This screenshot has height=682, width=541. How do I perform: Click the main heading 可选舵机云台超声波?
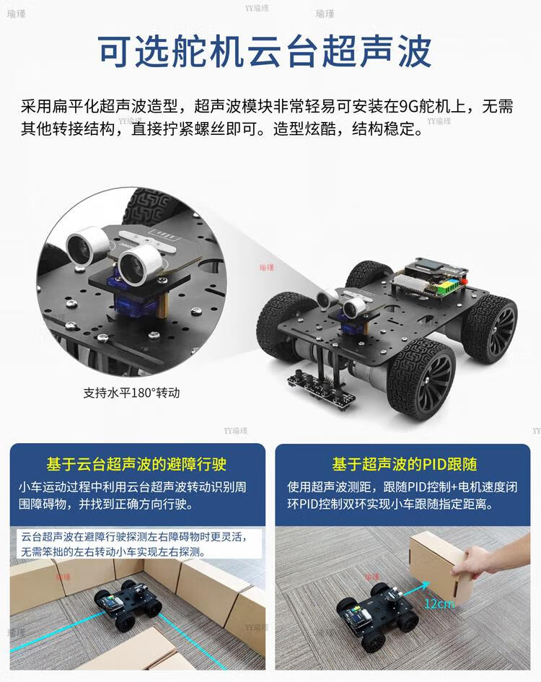pyautogui.click(x=265, y=51)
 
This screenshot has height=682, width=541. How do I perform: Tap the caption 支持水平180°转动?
pyautogui.click(x=131, y=393)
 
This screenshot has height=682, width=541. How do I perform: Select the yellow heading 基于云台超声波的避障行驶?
pyautogui.click(x=136, y=464)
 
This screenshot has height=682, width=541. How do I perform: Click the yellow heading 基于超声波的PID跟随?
pyautogui.click(x=405, y=464)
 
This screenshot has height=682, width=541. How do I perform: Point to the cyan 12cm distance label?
pyautogui.click(x=439, y=603)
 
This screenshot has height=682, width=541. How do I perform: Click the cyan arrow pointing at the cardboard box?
pyautogui.click(x=415, y=590)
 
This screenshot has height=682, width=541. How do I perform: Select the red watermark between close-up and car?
pyautogui.click(x=267, y=267)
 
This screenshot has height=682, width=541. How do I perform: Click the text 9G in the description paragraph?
pyautogui.click(x=408, y=107)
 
